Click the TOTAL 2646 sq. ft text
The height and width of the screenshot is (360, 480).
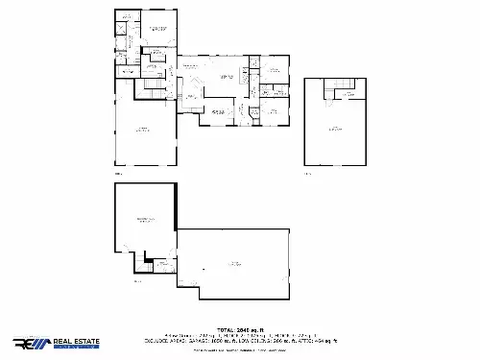pos(240,327)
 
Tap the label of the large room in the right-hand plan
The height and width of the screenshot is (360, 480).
pos(334,128)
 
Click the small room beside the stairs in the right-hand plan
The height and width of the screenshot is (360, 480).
pos(351,89)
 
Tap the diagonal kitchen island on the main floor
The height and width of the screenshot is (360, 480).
pos(192,95)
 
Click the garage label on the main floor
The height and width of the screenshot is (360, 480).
pos(143,129)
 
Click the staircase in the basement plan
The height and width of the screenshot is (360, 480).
pos(149,263)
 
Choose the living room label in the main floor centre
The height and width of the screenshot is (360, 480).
pos(227,77)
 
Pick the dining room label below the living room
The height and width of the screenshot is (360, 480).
pos(218,112)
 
